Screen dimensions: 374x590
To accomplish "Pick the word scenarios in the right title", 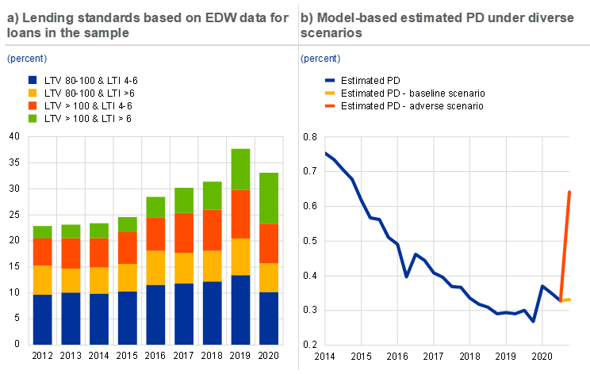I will (331, 34).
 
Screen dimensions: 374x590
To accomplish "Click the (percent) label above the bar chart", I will (27, 59).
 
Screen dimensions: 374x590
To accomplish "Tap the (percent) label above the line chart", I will (320, 59).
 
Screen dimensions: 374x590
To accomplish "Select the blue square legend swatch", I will (33, 80).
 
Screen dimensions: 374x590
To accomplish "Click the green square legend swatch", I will (33, 118).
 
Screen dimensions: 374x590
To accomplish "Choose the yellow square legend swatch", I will (33, 93).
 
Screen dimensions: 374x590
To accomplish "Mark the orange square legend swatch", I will (33, 105).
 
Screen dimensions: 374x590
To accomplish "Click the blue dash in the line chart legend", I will (330, 80).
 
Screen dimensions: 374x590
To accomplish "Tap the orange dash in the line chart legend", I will (330, 105).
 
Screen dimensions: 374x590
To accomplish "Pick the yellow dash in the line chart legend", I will (330, 93).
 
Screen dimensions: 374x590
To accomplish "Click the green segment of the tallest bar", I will (240, 169).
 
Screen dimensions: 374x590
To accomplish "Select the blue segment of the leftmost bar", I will (42, 319).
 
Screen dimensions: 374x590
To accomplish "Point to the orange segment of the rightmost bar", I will (269, 243).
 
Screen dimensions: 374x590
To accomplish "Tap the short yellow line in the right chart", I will (567, 300).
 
